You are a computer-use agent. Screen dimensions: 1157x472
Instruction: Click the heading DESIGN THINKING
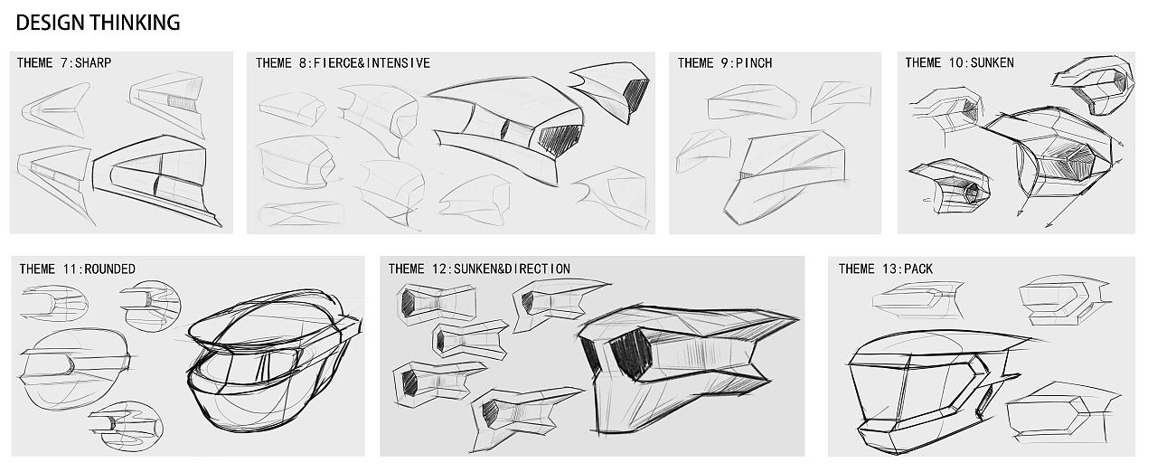tap(99, 24)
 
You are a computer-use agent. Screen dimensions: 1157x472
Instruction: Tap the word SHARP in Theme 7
tap(93, 63)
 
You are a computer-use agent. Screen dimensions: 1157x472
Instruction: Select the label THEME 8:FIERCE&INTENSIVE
tap(343, 63)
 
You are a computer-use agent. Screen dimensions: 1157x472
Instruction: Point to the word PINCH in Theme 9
tap(754, 63)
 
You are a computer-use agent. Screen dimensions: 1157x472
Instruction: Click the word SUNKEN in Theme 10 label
tap(992, 63)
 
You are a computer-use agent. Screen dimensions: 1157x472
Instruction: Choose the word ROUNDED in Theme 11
tap(109, 269)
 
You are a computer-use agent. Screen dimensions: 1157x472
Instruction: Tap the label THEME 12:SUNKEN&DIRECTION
tap(479, 269)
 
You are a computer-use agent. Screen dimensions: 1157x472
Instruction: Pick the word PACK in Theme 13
tap(918, 269)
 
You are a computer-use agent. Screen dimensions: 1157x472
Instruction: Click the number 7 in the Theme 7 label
tap(63, 63)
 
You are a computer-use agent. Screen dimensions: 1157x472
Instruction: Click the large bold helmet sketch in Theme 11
tap(274, 362)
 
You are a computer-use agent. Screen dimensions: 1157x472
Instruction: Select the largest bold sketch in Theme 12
tap(687, 369)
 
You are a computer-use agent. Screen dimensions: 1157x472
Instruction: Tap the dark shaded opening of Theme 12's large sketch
tap(631, 354)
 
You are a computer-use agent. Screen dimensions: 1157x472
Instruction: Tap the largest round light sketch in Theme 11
tap(75, 369)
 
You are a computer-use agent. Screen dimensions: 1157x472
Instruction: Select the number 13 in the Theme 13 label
tap(891, 269)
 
